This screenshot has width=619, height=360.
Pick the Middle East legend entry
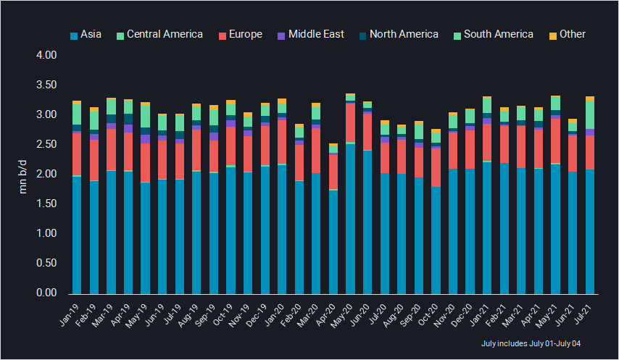point(312,34)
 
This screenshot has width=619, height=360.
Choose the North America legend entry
point(398,34)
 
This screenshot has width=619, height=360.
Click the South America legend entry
point(493,34)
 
